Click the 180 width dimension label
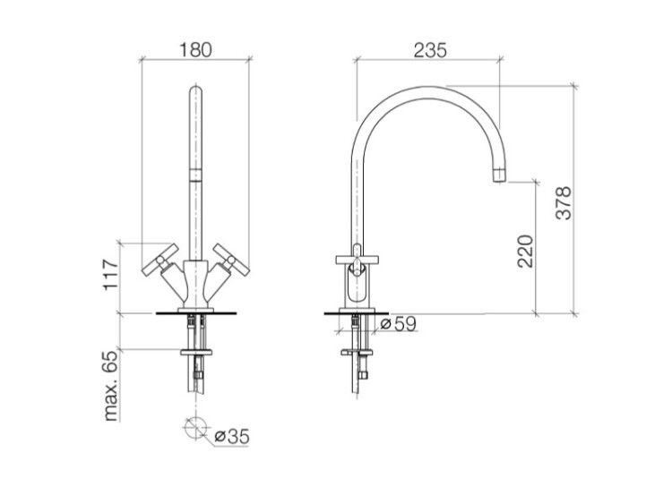(x=195, y=49)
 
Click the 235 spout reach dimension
(x=430, y=50)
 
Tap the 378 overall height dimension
(x=564, y=203)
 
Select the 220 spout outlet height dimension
(x=525, y=252)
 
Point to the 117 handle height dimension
(x=111, y=275)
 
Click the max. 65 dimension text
(x=110, y=386)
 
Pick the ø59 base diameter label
(x=399, y=324)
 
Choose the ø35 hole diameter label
(x=232, y=436)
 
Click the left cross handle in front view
(x=159, y=260)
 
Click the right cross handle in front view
(x=231, y=260)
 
